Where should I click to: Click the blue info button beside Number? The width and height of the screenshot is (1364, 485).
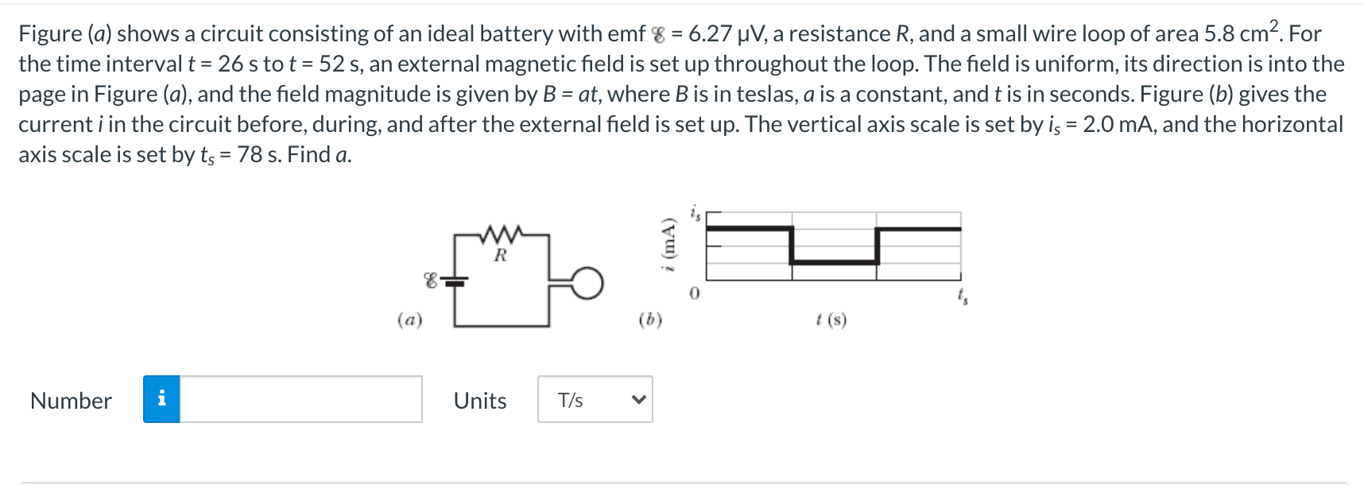161,399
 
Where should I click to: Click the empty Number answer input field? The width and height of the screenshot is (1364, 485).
300,399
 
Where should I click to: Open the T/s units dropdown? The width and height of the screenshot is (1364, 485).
594,399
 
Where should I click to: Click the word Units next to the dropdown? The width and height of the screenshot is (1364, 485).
480,401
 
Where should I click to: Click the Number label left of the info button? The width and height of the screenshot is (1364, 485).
71,401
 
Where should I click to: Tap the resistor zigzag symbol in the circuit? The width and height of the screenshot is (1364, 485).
501,234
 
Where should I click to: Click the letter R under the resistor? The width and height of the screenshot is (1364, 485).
500,255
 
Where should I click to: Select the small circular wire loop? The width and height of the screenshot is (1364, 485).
587,283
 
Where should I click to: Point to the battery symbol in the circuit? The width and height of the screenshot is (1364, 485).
455,280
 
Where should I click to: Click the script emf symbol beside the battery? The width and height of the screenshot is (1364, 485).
431,280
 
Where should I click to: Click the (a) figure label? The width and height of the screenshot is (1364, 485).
409,320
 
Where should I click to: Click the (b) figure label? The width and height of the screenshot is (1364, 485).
650,320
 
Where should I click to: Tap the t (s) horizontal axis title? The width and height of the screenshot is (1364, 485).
831,320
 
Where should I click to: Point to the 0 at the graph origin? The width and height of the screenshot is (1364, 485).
694,294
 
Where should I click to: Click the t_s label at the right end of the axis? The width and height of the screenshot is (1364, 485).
963,297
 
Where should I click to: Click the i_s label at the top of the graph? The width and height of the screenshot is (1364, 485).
696,213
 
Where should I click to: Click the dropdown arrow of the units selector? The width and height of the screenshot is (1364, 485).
638,400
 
